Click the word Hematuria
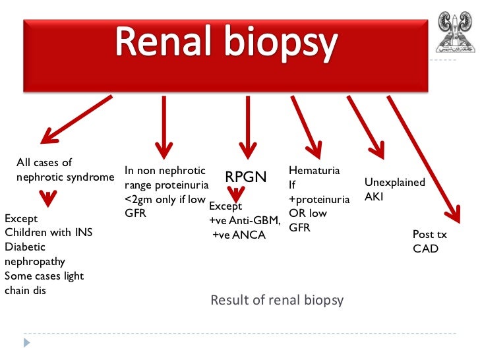(x=315, y=171)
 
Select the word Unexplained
(x=394, y=182)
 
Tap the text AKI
(x=373, y=196)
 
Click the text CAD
(x=425, y=249)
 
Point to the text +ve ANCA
(x=239, y=234)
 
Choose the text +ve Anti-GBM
(x=244, y=220)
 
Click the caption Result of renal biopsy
(x=277, y=301)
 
